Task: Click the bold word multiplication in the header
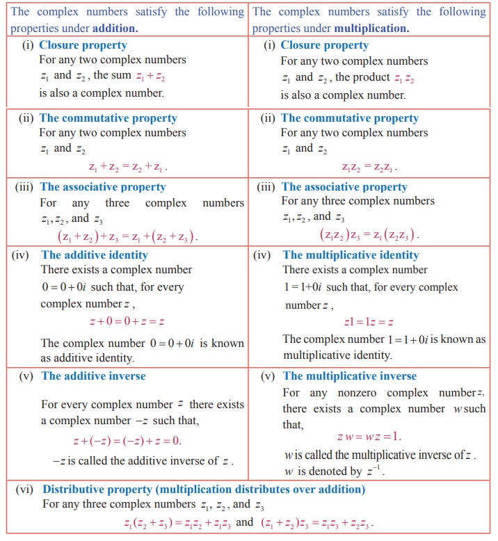point(371,29)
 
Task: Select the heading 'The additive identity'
point(95,255)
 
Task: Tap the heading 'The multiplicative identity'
point(351,255)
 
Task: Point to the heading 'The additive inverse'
point(93,376)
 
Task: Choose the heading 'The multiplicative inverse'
point(350,376)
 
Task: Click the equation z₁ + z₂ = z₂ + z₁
point(128,167)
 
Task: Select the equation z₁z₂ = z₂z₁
point(369,167)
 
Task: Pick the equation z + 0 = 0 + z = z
point(127,321)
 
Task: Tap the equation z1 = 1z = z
point(369,321)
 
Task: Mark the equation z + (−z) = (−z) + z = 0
point(127,441)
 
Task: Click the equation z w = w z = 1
point(369,437)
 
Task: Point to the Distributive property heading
point(203,489)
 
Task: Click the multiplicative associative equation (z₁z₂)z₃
point(369,235)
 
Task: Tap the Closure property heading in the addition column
point(83,45)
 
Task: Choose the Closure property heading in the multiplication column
point(324,45)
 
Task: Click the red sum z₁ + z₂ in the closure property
point(151,76)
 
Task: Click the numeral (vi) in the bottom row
point(26,490)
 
